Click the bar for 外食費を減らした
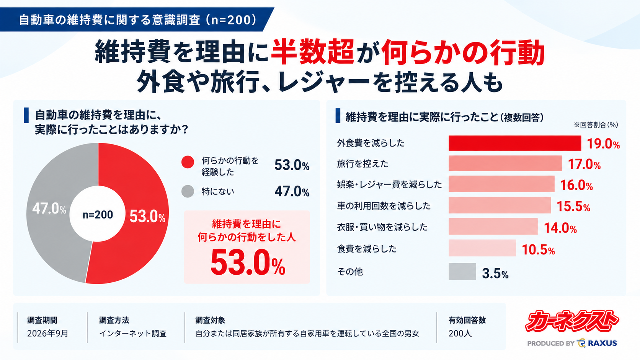[x=515, y=143]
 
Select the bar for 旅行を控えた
[x=505, y=163]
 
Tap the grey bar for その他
[x=462, y=272]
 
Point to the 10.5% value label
[x=538, y=250]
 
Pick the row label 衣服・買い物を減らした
[x=382, y=227]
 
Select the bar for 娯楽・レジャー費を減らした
[x=501, y=184]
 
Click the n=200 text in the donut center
[x=98, y=215]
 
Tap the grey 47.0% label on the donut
[x=49, y=209]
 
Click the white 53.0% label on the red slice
[x=147, y=217]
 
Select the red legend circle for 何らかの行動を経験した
[x=188, y=162]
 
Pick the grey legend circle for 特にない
[x=188, y=191]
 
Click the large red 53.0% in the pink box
[x=248, y=262]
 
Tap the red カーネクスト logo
[x=572, y=321]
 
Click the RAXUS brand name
[x=602, y=343]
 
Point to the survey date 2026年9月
[x=48, y=334]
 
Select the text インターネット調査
[x=133, y=334]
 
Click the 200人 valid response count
[x=460, y=334]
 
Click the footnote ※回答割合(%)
[x=596, y=125]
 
